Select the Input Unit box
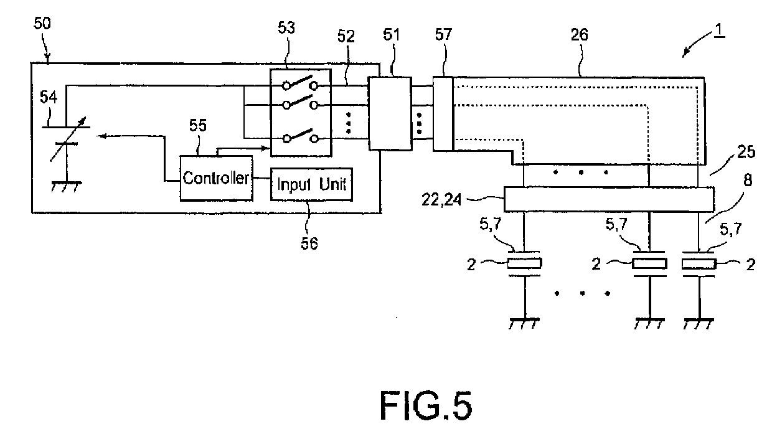coord(311,184)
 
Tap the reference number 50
coord(43,24)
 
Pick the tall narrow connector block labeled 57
coord(443,113)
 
